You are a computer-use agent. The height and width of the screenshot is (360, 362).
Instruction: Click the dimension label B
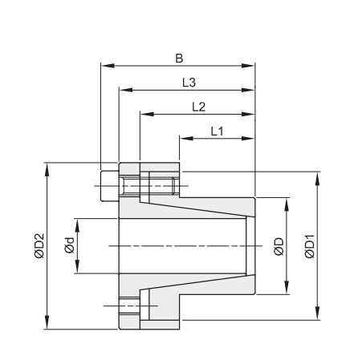pyautogui.click(x=179, y=59)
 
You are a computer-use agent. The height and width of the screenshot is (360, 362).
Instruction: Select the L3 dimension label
pyautogui.click(x=189, y=83)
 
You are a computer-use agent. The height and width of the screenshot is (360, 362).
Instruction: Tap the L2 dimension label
pyautogui.click(x=199, y=107)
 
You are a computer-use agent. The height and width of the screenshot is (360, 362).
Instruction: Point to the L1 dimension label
pyautogui.click(x=217, y=131)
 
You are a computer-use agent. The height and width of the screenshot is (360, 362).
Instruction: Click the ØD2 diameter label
pyautogui.click(x=39, y=246)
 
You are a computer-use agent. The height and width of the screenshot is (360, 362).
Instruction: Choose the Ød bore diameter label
pyautogui.click(x=69, y=245)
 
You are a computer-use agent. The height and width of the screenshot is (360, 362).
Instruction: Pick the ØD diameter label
pyautogui.click(x=279, y=246)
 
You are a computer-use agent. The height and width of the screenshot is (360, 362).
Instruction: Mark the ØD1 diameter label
pyautogui.click(x=310, y=246)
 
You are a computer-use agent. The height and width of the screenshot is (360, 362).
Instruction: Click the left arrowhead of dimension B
pyautogui.click(x=108, y=66)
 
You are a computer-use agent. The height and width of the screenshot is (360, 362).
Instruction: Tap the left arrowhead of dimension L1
pyautogui.click(x=186, y=139)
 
